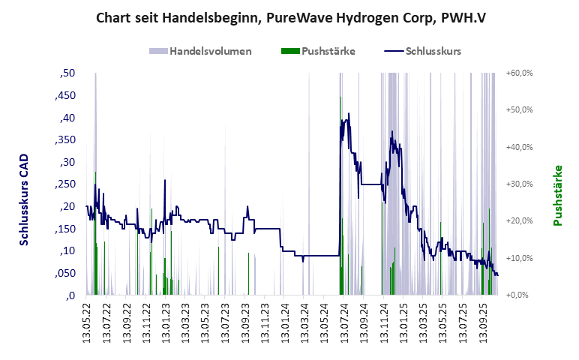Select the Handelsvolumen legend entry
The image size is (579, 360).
point(200,51)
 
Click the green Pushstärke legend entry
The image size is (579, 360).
point(318,51)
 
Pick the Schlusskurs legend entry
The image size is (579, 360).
point(421,51)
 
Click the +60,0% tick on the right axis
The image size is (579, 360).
point(519,73)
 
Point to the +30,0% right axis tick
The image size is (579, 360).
point(519,184)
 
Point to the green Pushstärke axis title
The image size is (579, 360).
point(557,195)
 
